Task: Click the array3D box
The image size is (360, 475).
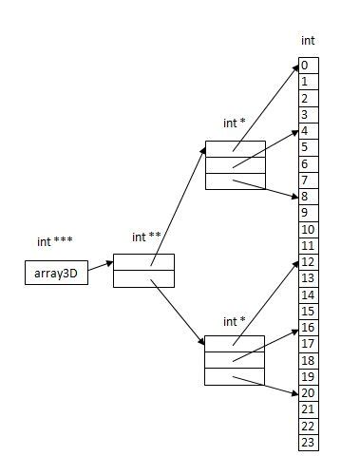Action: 55,275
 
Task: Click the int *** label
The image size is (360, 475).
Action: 53,242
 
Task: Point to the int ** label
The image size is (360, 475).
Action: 145,237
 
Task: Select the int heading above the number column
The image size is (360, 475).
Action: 308,41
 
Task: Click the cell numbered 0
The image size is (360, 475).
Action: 308,66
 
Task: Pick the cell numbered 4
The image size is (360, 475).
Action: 308,131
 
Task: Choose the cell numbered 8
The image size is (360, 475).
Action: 308,197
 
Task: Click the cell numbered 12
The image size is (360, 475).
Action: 308,262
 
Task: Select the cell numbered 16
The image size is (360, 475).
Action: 308,328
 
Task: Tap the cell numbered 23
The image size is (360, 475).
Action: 308,443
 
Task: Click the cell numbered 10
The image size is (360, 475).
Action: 308,230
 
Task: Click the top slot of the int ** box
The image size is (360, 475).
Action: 143,262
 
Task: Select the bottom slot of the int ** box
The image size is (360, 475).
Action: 143,278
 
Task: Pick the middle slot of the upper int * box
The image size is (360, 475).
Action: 235,165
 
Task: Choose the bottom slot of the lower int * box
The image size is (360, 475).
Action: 235,376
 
